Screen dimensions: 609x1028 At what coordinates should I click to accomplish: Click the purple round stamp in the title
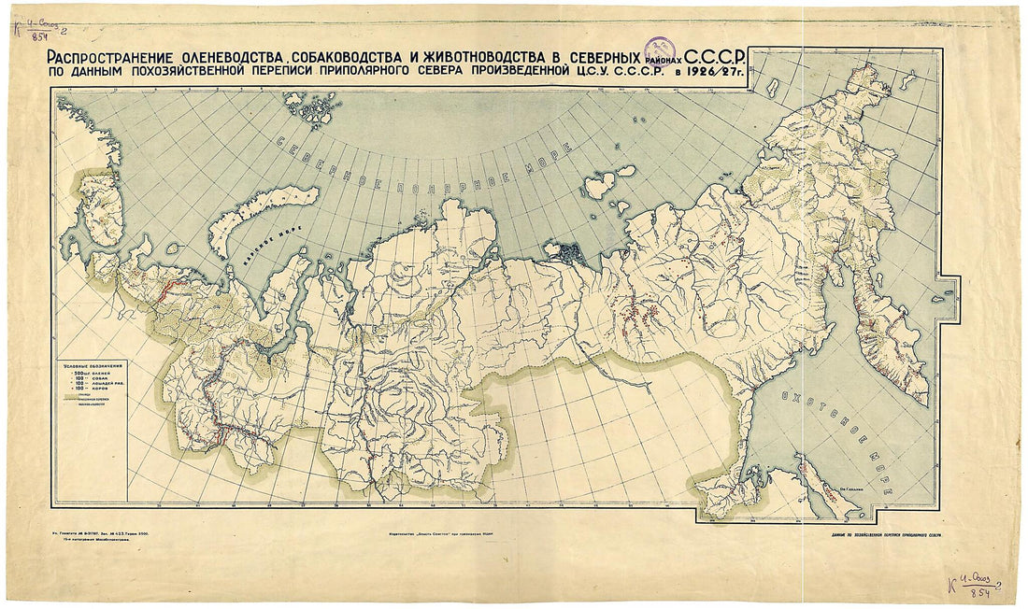coord(660,50)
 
